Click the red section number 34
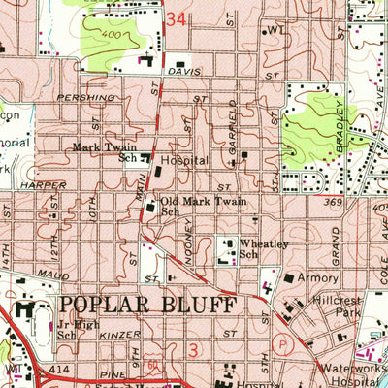176,18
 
